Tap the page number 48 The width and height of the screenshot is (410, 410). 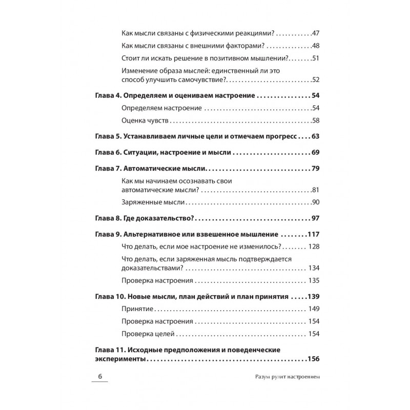pyautogui.click(x=315, y=45)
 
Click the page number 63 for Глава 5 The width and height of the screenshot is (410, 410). pyautogui.click(x=315, y=137)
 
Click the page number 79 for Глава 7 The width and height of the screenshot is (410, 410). pyautogui.click(x=315, y=169)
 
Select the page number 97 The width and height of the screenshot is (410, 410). pyautogui.click(x=315, y=219)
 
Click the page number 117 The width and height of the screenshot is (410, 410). pyautogui.click(x=313, y=235)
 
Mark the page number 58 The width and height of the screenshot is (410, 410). pyautogui.click(x=315, y=120)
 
